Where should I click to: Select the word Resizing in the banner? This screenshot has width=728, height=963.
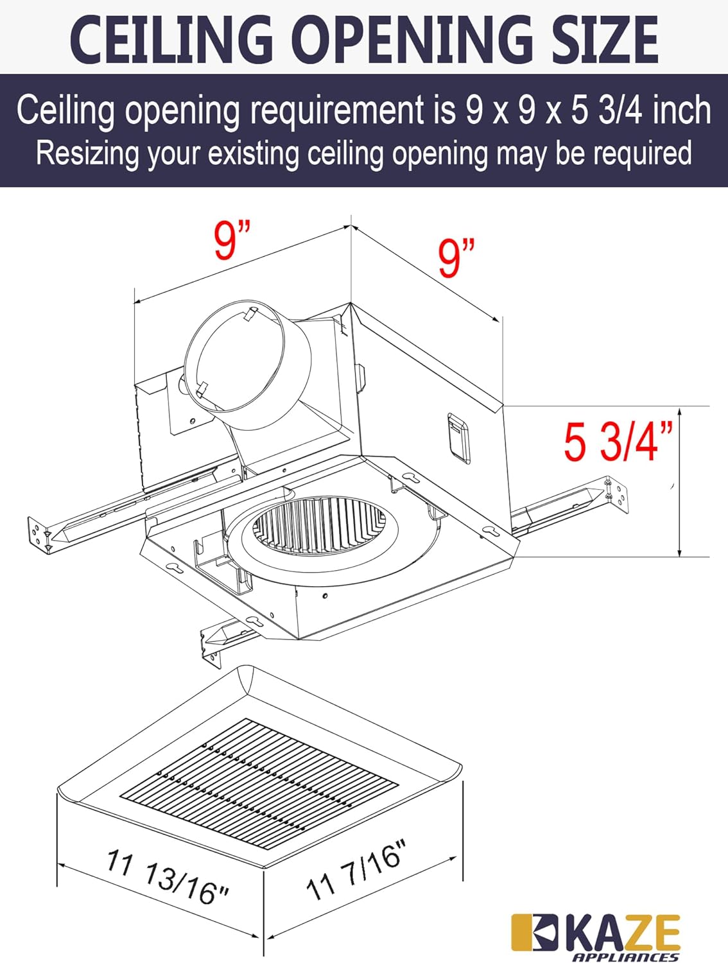(87, 154)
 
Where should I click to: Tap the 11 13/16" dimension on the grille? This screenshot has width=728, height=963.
(168, 877)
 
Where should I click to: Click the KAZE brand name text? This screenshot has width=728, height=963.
(622, 934)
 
